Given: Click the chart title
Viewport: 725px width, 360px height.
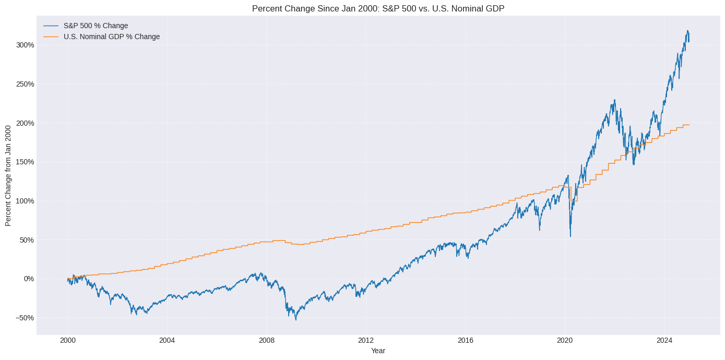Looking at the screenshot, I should [378, 8].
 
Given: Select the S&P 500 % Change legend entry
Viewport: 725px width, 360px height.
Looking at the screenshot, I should [99, 26].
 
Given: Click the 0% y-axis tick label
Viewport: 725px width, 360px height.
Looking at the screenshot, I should [28, 279].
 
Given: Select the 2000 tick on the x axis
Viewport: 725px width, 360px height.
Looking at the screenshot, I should [68, 341].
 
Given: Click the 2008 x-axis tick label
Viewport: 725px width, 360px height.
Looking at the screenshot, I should [267, 341].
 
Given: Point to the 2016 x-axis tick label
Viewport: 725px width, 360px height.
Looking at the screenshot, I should [465, 341].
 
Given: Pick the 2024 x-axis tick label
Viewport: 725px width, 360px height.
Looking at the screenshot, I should [664, 341].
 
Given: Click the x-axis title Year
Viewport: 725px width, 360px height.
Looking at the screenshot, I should [378, 351].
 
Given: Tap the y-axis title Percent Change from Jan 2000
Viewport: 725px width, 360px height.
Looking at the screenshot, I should [8, 175].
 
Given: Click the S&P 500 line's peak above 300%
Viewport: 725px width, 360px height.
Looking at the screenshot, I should [687, 31].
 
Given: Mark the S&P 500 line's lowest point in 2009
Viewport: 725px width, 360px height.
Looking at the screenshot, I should [296, 320].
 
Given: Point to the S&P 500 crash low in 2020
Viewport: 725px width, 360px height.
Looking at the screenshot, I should [570, 236].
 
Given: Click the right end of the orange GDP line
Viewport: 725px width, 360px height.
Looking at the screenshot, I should [689, 125].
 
